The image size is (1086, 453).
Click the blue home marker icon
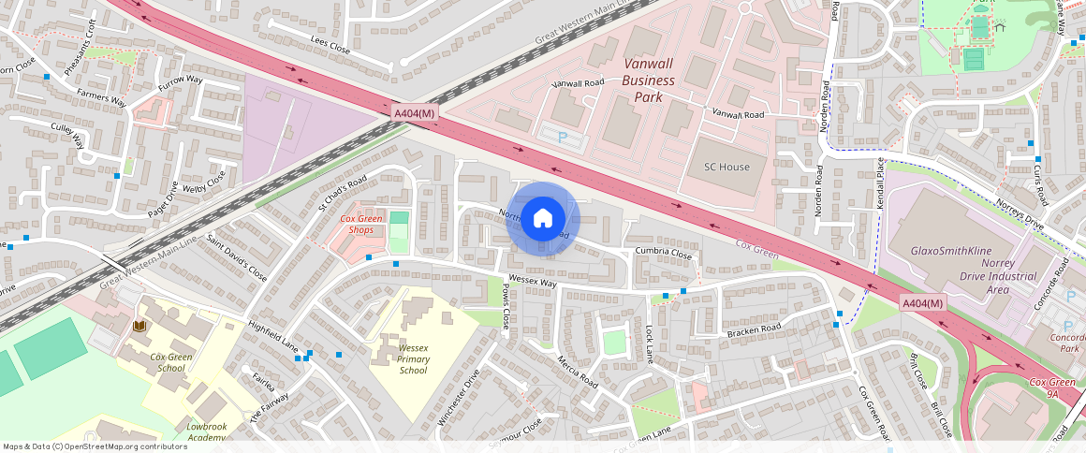543,219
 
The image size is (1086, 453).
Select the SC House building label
726,167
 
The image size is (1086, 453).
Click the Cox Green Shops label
362,224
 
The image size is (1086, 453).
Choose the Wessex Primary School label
413,358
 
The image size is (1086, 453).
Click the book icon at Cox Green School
140,326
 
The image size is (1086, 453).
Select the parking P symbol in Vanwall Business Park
563,137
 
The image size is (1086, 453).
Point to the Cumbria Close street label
663,254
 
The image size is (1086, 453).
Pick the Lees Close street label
330,45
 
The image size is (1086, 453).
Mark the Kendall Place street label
880,183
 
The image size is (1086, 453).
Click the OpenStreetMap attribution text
95,446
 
